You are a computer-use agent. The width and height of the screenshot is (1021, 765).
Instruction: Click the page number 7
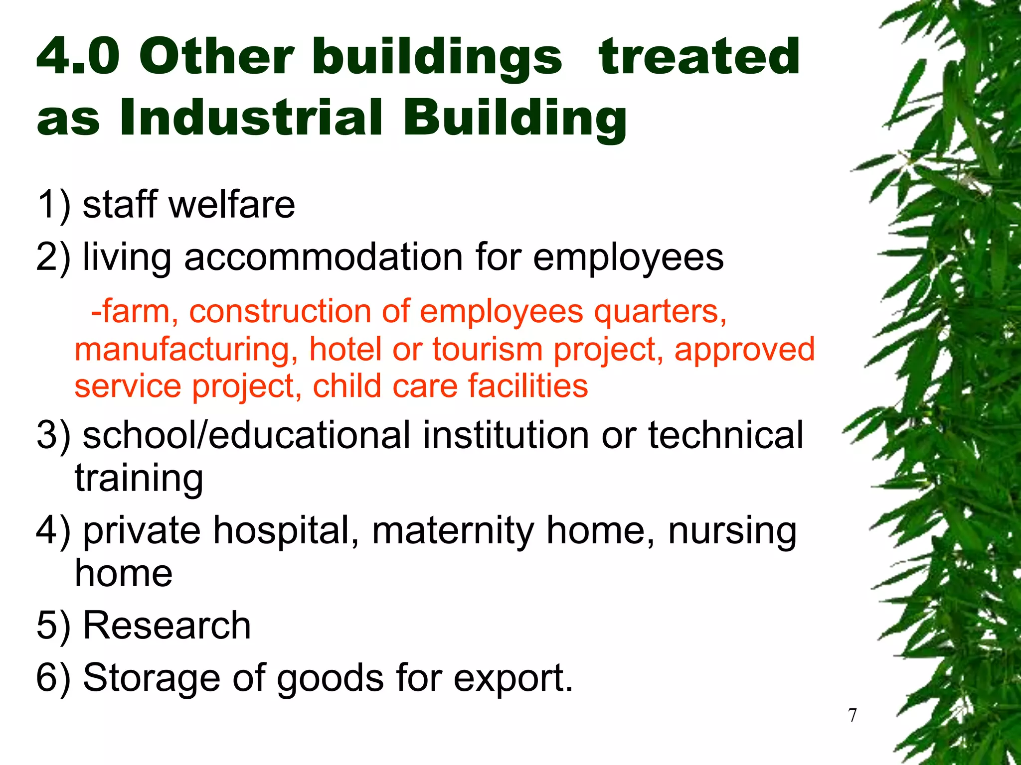coord(852,715)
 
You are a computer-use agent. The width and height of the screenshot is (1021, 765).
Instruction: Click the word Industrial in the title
coord(251,117)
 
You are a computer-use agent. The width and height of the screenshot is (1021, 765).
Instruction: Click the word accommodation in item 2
coord(324,257)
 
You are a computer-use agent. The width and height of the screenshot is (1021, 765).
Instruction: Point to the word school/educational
coord(246,435)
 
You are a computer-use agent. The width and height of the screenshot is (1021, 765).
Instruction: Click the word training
coord(139,478)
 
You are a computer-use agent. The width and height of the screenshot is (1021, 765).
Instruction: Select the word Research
coord(167,625)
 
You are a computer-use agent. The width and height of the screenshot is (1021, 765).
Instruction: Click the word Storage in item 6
coord(151,678)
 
